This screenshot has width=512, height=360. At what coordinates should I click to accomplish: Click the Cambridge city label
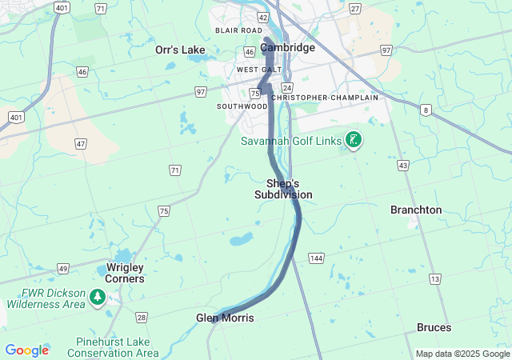click(x=287, y=47)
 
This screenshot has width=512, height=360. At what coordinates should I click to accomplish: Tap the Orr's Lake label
click(x=180, y=50)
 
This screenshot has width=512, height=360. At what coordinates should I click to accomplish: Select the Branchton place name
click(x=415, y=210)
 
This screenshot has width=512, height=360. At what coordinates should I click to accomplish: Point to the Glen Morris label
click(x=225, y=318)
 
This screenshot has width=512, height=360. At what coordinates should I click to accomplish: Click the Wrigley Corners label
click(x=126, y=273)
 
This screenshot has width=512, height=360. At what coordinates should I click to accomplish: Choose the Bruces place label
click(x=434, y=327)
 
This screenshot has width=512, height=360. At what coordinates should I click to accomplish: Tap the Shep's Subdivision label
click(x=283, y=189)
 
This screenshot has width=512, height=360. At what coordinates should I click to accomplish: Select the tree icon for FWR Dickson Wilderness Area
click(x=98, y=298)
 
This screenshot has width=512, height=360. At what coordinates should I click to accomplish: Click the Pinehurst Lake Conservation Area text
click(x=118, y=346)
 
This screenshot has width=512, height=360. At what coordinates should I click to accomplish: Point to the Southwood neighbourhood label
click(x=242, y=106)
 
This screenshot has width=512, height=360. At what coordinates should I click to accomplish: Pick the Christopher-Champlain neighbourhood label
click(x=324, y=97)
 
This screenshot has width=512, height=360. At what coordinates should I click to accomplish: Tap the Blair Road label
click(x=238, y=30)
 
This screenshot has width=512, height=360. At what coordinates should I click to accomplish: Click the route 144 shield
click(x=316, y=258)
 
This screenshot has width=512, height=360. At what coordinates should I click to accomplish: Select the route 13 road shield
click(x=434, y=278)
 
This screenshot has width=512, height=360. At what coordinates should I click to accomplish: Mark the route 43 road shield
click(x=402, y=166)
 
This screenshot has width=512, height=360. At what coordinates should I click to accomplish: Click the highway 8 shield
click(x=426, y=110)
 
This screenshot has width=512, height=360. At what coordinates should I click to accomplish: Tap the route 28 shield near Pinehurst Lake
click(x=141, y=318)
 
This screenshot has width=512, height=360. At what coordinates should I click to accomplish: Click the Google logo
click(x=26, y=350)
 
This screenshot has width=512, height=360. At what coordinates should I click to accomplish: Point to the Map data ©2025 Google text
click(x=462, y=354)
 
